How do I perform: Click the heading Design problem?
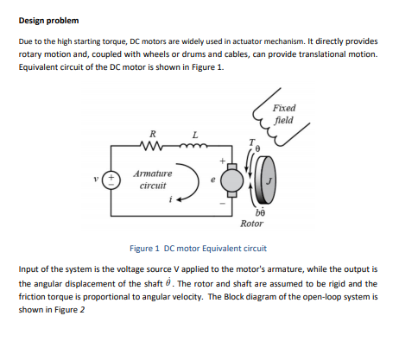click(x=48, y=21)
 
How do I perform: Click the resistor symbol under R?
click(x=152, y=146)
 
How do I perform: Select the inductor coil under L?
click(x=193, y=146)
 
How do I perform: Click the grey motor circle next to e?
click(x=232, y=180)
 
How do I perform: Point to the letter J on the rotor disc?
click(x=269, y=181)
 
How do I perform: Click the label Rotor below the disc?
click(x=251, y=224)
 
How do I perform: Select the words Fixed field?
click(x=284, y=114)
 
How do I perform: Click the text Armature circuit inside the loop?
click(x=153, y=180)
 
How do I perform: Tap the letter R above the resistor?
click(x=153, y=134)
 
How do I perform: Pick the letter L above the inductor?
click(x=195, y=135)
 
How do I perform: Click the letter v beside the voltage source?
click(x=97, y=179)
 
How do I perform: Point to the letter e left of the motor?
click(x=213, y=180)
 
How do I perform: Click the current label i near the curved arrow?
click(x=171, y=199)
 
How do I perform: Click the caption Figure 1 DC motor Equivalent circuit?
click(x=198, y=249)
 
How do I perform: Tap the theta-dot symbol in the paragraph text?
click(x=168, y=282)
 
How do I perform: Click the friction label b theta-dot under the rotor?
click(x=260, y=212)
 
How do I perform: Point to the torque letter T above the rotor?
click(x=252, y=142)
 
